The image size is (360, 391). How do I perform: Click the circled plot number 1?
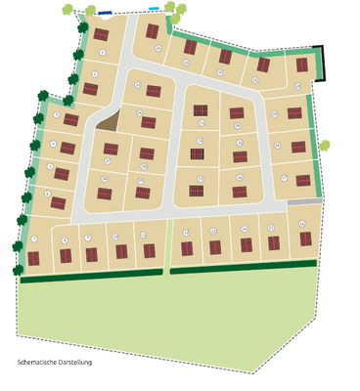click(102, 51)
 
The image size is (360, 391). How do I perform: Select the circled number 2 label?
click(95, 73)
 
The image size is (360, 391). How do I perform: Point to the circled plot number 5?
click(49, 166)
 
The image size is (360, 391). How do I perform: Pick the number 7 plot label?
click(34, 239)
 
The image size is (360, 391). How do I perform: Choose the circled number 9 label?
click(88, 238)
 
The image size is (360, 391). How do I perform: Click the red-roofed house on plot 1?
click(101, 35)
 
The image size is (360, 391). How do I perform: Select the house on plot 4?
click(68, 149)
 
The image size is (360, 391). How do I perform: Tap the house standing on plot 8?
click(66, 256)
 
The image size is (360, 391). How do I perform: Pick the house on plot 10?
click(121, 252)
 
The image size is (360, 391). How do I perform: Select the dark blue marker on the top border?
click(105, 14)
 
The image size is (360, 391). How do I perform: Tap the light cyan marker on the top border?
click(154, 8)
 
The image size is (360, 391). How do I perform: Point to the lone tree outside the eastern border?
click(324, 147)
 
